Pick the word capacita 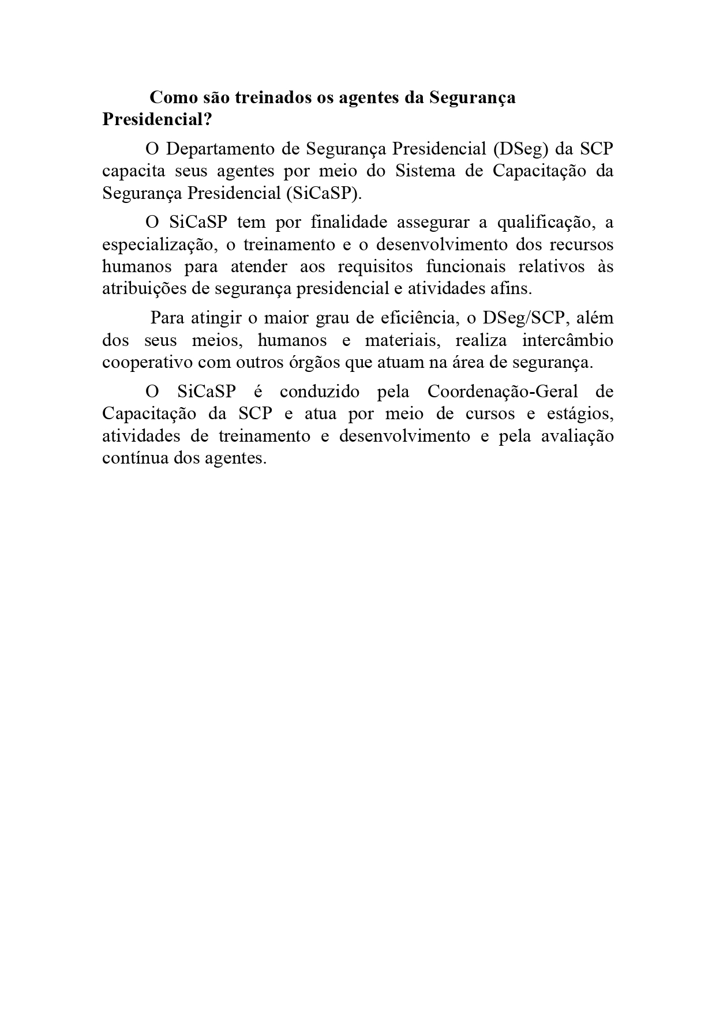(134, 171)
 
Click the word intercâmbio (568, 340)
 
